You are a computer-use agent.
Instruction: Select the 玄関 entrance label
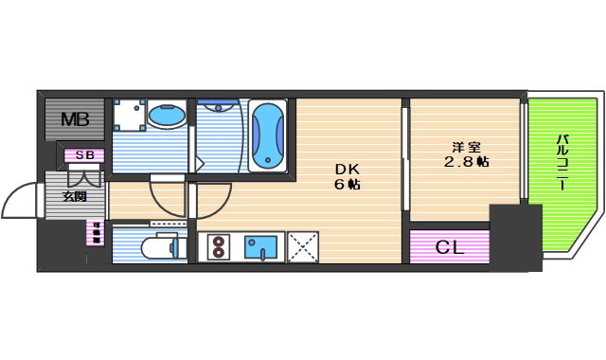click(x=75, y=197)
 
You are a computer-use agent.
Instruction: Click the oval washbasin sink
click(x=168, y=116)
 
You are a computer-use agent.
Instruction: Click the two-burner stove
click(x=218, y=247)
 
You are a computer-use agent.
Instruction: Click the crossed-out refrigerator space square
click(x=302, y=247)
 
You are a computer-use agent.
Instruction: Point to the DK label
click(x=346, y=170)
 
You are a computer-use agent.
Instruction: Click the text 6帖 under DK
click(x=347, y=185)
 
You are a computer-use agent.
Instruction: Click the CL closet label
click(x=449, y=248)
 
